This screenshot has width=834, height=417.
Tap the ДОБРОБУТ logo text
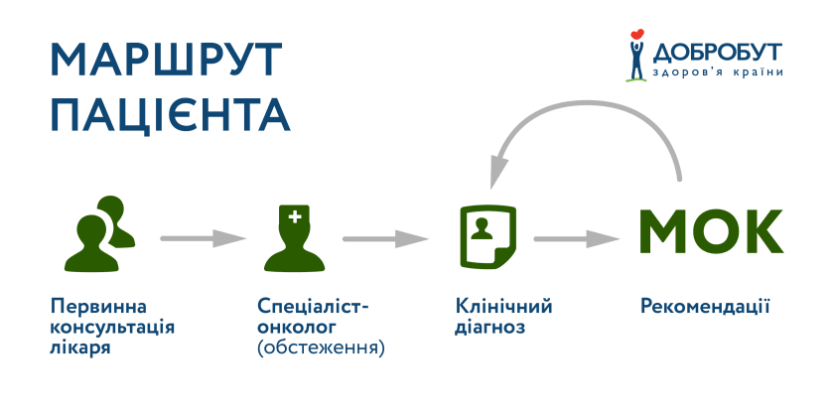717,51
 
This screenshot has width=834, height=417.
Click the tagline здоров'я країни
717,72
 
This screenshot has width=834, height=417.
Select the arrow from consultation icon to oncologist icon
204,238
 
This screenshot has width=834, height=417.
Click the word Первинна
91,306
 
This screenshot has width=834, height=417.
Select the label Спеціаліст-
312,306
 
